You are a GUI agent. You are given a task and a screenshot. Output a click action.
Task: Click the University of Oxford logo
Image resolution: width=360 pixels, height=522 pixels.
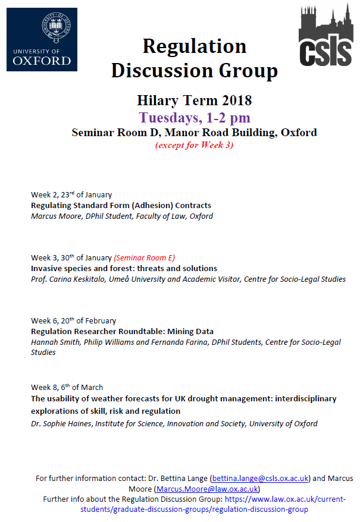pos(42,39)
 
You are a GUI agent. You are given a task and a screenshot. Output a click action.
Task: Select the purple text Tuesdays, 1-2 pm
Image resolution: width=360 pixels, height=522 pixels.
pos(195,117)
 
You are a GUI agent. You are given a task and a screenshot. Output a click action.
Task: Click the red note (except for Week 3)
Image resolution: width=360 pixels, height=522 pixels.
pos(194,145)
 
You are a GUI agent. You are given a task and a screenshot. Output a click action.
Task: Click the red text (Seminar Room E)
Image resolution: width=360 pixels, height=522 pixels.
pos(145,257)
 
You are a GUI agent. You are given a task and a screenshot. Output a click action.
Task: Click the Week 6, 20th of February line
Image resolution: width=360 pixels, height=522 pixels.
pos(74,321)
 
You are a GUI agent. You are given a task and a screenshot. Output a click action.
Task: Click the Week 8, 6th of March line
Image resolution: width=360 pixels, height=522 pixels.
pos(67,388)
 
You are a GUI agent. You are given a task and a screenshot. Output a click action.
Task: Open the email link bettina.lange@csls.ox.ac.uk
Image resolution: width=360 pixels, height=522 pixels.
pos(259,478)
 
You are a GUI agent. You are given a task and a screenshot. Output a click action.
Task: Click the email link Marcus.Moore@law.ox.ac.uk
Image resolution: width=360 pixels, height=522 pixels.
pos(206,489)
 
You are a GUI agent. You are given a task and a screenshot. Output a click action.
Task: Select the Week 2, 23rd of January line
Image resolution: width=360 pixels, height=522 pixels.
pos(71,194)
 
